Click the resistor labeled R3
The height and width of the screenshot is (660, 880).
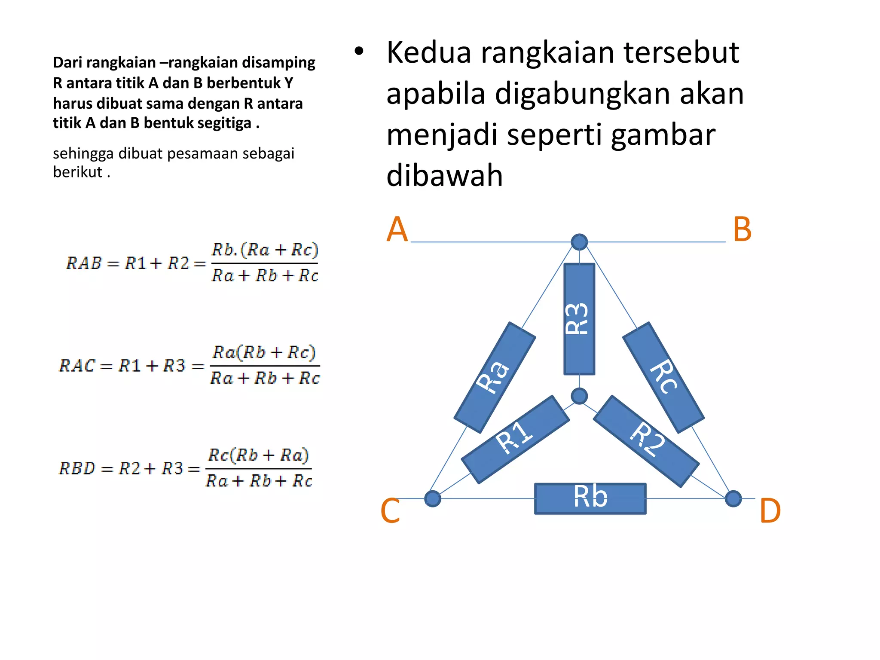[x=579, y=319]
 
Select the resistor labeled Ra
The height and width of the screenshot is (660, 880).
[x=495, y=377]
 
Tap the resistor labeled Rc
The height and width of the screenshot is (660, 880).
[x=663, y=377]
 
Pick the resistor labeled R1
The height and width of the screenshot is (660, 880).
[x=515, y=439]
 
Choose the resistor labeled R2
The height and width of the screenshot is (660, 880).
[x=646, y=441]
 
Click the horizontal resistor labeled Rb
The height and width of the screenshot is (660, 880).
[x=590, y=498]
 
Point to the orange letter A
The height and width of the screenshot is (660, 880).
[x=397, y=229]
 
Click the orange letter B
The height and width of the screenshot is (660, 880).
[x=742, y=229]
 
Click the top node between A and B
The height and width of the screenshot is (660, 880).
[x=579, y=242]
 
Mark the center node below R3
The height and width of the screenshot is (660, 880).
[x=579, y=396]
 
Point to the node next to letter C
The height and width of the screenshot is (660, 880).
[x=432, y=498]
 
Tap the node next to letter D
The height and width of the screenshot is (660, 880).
[x=733, y=498]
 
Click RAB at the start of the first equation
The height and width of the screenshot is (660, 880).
[x=84, y=263]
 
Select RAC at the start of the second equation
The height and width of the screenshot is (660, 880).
[x=77, y=366]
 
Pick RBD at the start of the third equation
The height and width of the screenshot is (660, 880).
[x=77, y=468]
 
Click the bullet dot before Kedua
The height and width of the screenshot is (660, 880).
[x=359, y=52]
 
